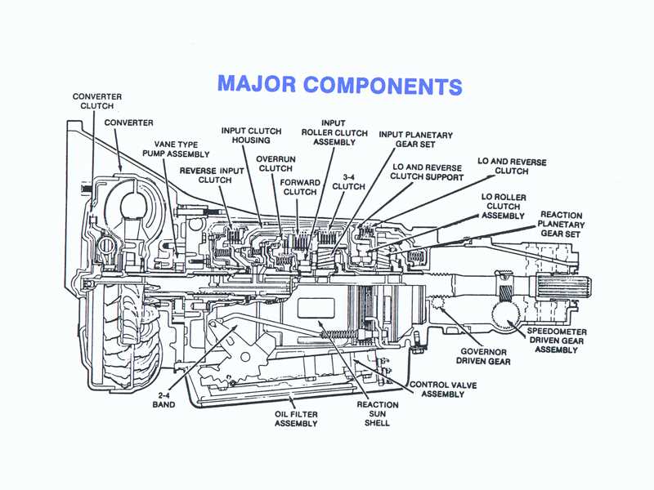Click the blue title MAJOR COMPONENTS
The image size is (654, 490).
click(x=339, y=85)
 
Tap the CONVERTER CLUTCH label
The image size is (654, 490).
click(x=97, y=101)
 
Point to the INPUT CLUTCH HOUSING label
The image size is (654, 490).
click(x=252, y=136)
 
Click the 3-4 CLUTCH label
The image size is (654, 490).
click(x=348, y=180)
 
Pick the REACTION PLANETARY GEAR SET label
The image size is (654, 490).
click(x=560, y=224)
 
